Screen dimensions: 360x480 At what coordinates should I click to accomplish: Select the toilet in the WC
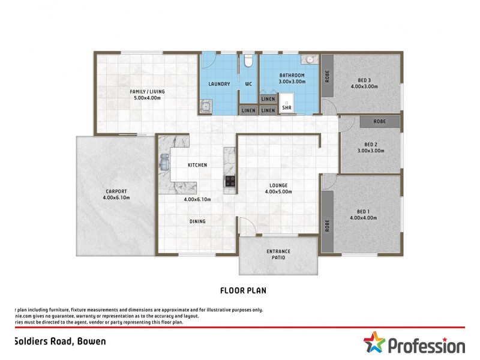[x=248, y=61]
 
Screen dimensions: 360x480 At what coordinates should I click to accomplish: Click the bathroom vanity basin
[x=310, y=59]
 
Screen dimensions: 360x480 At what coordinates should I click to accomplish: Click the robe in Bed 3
[x=328, y=76]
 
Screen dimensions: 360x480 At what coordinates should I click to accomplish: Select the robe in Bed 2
[x=379, y=121]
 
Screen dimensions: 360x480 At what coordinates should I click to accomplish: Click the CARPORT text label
[x=116, y=191]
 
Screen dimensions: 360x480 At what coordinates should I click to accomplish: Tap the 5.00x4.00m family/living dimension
[x=147, y=98]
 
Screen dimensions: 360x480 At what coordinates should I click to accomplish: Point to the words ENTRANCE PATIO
[x=278, y=254]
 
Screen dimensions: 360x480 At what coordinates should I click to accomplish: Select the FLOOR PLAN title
[x=243, y=290]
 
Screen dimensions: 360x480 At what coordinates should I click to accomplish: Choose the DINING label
[x=197, y=221]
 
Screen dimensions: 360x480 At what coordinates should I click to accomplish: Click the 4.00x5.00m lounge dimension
[x=278, y=192]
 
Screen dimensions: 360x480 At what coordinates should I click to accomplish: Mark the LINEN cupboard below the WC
[x=248, y=110]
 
